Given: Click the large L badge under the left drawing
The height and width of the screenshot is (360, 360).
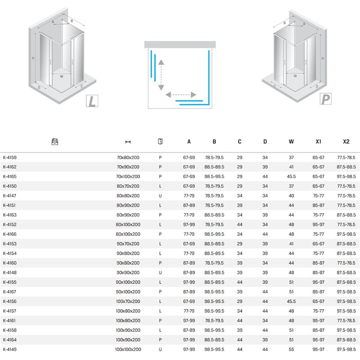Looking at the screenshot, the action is tap(92, 101).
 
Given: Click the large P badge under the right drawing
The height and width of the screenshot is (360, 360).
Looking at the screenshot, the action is tap(325, 99).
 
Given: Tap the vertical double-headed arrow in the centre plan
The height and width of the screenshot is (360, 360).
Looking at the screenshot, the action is tap(161, 75).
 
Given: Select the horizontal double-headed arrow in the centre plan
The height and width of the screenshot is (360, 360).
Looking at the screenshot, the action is tap(181, 94).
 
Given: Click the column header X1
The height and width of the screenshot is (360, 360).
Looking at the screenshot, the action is tap(319, 142).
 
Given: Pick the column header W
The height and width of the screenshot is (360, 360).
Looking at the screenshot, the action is tap(291, 142).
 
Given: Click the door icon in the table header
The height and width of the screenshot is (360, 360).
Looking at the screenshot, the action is tap(160, 141).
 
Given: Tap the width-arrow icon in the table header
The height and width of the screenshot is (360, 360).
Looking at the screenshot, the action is tap(128, 142).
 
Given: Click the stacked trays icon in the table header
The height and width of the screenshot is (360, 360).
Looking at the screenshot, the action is tap(54, 142).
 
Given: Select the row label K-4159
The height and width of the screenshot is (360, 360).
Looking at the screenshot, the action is tap(9, 157).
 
